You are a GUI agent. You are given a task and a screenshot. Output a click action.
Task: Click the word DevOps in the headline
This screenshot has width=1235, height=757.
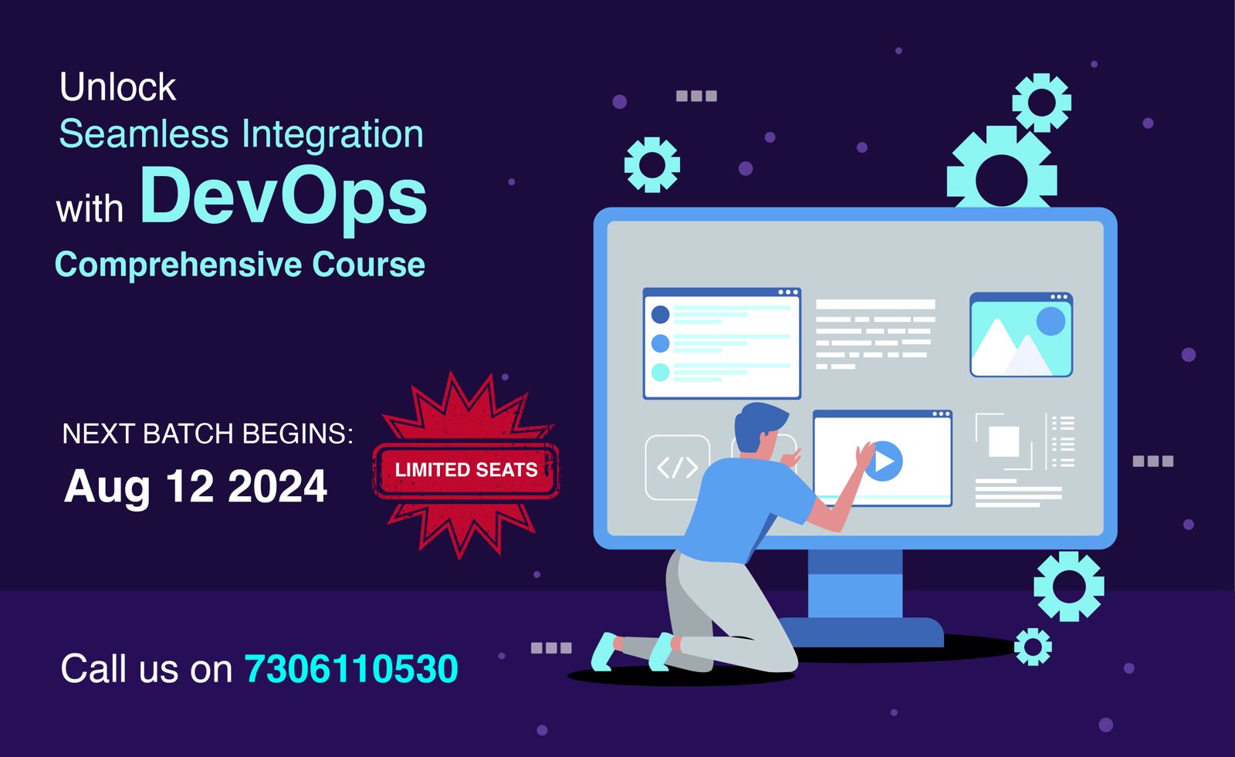pos(283,197)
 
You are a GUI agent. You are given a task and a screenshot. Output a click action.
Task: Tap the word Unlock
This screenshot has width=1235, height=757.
pos(117,86)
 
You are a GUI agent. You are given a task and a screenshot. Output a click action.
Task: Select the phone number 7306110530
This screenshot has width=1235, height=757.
pos(351,668)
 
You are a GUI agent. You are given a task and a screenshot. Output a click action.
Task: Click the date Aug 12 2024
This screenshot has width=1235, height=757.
pos(196,486)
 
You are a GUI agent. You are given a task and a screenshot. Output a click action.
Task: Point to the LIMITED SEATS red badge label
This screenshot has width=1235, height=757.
pos(466,470)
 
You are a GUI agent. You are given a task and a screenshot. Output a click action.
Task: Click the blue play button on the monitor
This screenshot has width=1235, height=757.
pos(885,461)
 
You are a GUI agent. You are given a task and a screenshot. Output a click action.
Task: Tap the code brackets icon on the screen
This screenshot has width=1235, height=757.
pos(677,467)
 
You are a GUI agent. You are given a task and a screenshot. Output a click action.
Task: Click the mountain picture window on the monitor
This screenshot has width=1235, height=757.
pos(1020,335)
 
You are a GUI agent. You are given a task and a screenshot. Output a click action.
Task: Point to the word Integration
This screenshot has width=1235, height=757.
pos(333,134)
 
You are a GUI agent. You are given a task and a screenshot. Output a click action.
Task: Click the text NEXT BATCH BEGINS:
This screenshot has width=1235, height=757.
pos(207,434)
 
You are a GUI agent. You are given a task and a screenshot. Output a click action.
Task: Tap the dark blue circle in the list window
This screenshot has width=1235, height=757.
pos(660,314)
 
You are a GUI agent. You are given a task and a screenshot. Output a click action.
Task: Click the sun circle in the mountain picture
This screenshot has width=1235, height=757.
pos(1050,321)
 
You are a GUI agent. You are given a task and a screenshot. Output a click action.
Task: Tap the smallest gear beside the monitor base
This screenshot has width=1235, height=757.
pos(1033,647)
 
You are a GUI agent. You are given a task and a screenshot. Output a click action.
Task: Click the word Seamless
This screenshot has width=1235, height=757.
pos(144,134)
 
